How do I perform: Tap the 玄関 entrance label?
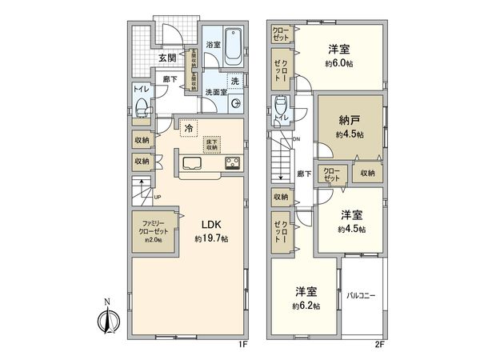[166, 58]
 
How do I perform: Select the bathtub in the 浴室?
[234, 46]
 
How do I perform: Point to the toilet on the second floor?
[280, 106]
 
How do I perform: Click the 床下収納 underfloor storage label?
[211, 144]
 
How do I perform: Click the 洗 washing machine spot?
[235, 81]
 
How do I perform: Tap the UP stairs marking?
[158, 197]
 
